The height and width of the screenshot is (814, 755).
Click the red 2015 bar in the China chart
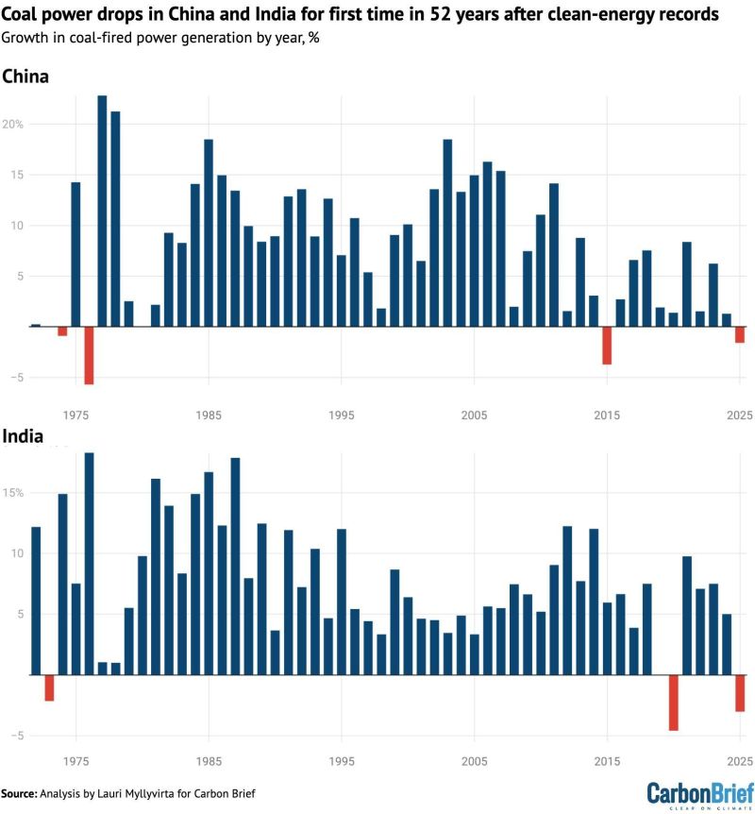607,346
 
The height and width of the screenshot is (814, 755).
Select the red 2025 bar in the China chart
740,334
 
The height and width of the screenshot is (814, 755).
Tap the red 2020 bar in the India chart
674,703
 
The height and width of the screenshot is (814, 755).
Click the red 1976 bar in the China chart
89,355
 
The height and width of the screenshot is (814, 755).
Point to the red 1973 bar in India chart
49,687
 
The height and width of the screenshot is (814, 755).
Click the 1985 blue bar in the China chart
209,232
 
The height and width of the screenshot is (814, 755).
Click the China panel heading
25,76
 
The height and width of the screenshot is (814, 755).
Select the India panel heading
23,436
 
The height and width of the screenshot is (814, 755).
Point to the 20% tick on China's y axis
13,125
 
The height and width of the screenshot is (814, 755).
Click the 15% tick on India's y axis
13,493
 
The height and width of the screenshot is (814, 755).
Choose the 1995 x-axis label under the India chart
342,760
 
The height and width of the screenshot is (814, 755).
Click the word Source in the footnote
18,793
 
